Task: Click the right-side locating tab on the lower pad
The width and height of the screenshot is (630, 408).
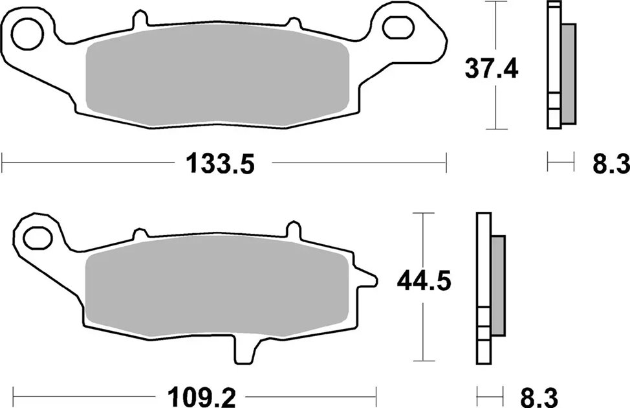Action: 366,280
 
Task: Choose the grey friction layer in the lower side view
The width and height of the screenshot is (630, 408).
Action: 497,285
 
